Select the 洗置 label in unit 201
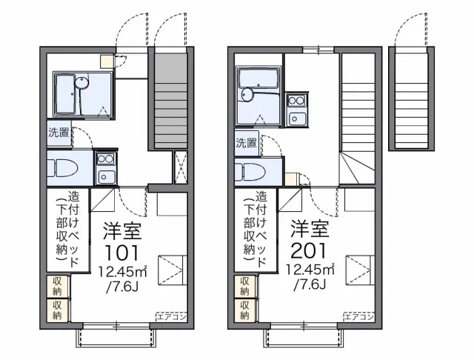pyautogui.click(x=247, y=143)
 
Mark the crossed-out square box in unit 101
pyautogui.click(x=180, y=167)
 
